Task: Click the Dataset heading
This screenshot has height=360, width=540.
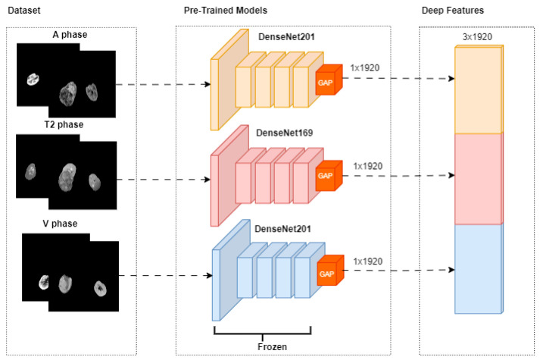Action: pos(23,11)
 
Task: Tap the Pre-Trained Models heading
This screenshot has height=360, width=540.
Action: pos(226,11)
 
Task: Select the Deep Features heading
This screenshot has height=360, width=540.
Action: pos(453,11)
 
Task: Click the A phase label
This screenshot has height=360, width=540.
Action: pos(70,34)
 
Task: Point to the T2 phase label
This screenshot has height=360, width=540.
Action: pos(64,124)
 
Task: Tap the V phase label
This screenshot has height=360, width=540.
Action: pos(60,224)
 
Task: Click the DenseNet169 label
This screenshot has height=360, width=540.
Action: pos(285,133)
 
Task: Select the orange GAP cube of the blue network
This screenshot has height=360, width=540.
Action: pos(330,271)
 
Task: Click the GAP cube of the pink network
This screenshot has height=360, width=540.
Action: pos(329,175)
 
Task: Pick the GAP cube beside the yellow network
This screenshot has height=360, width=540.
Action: pos(329,80)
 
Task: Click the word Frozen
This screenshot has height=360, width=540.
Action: pos(272,346)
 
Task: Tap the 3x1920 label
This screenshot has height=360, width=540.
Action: pos(477,37)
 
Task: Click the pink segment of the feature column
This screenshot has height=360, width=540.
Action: pos(479,179)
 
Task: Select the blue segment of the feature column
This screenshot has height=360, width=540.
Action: pos(479,269)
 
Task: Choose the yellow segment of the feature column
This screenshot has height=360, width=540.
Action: pos(479,89)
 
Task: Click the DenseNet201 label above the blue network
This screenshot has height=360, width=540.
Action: pos(282,229)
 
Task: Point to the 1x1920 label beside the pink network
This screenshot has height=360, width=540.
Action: pos(368,166)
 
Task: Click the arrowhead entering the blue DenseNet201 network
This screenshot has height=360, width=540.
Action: pos(209,275)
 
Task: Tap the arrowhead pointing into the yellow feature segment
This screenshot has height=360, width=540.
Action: pos(451,79)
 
